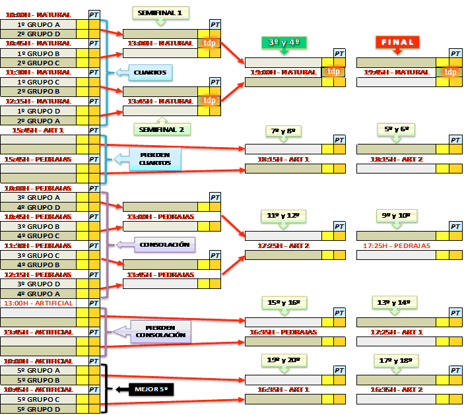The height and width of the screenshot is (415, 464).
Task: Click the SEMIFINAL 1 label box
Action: pyautogui.click(x=160, y=12)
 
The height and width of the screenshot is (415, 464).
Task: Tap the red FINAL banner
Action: pyautogui.click(x=397, y=42)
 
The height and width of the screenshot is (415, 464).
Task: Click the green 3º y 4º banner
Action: pyautogui.click(x=284, y=42)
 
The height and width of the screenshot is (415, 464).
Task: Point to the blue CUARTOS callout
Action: pyautogui.click(x=150, y=72)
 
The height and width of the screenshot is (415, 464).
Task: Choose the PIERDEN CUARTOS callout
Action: pyautogui.click(x=154, y=159)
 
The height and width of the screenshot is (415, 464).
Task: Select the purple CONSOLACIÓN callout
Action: pyautogui.click(x=164, y=245)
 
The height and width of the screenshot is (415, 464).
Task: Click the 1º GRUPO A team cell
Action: pyautogui.click(x=38, y=24)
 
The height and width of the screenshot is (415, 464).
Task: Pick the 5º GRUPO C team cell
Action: pyautogui.click(x=38, y=399)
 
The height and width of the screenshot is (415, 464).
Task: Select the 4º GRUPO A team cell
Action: pyautogui.click(x=38, y=294)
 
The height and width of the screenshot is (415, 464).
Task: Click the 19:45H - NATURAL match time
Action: pyautogui.click(x=397, y=72)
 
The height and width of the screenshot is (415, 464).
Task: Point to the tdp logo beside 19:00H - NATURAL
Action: pyautogui.click(x=335, y=72)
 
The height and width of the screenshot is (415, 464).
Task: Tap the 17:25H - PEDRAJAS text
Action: pyautogui.click(x=397, y=245)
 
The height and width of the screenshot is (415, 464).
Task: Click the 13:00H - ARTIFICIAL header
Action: pyautogui.click(x=38, y=303)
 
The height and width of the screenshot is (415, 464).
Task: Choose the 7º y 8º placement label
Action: pyautogui.click(x=284, y=131)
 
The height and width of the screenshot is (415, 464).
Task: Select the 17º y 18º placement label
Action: pyautogui.click(x=395, y=360)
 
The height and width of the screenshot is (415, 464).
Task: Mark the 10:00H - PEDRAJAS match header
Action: pyautogui.click(x=38, y=188)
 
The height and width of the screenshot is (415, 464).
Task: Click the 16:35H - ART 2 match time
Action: pyautogui.click(x=397, y=390)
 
